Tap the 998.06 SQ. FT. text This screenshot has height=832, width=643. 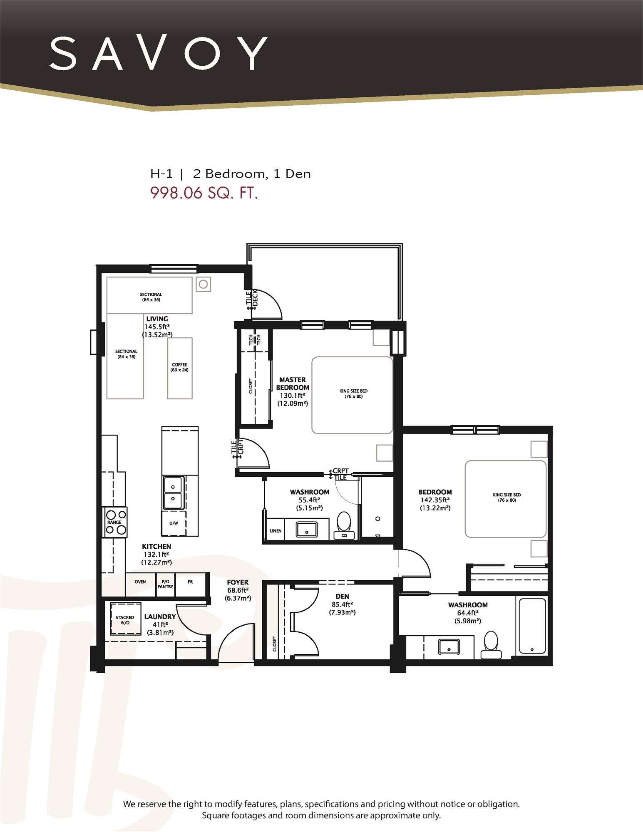click(204, 193)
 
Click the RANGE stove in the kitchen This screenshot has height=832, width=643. click(115, 522)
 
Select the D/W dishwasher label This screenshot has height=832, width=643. click(174, 523)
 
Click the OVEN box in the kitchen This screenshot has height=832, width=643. click(140, 582)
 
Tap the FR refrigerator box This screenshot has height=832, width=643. click(190, 582)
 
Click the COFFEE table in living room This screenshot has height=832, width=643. click(180, 368)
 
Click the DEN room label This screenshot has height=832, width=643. click(342, 597)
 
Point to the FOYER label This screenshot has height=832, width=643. click(238, 582)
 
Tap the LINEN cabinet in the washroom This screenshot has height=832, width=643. click(276, 531)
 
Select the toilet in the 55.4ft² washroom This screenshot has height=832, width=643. click(344, 525)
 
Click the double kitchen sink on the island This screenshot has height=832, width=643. click(173, 493)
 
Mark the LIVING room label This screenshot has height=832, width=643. click(157, 319)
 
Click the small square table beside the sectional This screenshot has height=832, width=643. click(203, 285)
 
